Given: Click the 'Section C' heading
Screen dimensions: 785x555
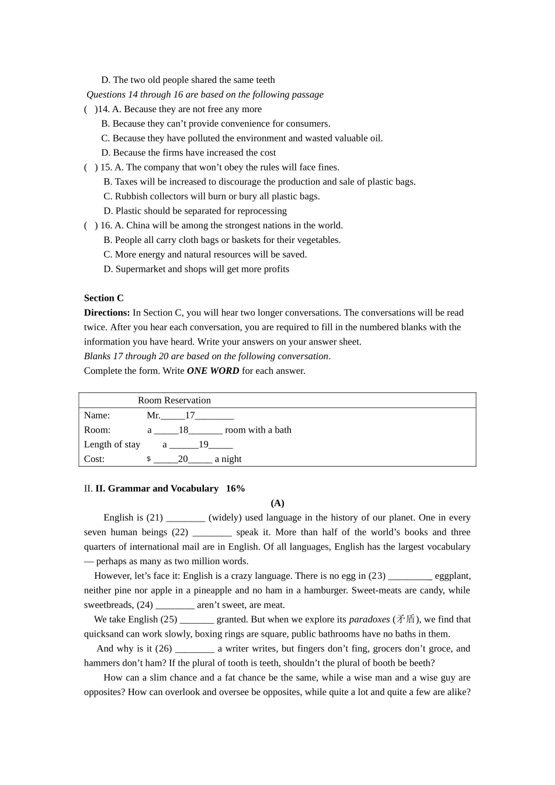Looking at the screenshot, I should pos(103,298).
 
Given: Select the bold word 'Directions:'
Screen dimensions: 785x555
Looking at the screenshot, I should pos(106,312).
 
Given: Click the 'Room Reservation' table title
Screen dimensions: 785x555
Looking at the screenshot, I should pos(174,400).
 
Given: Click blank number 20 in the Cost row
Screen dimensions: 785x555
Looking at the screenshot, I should pos(183,459).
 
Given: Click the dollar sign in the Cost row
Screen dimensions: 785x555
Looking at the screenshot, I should pos(148,459).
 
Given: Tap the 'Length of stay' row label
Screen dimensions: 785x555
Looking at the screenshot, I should pos(112,444).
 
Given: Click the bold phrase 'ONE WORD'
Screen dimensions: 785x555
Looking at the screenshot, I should pos(213,371).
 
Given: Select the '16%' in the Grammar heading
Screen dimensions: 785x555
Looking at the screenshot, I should pos(235,488).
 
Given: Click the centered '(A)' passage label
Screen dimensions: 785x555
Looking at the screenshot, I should pos(277,503).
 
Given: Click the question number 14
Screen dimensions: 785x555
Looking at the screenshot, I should pos(103,109).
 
